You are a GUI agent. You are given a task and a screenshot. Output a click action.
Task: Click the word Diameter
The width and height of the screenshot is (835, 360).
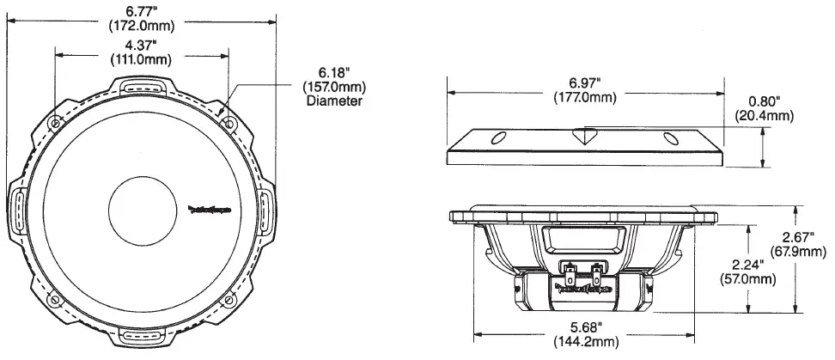click(333, 101)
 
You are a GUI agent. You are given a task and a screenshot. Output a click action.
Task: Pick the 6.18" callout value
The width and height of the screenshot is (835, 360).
click(333, 73)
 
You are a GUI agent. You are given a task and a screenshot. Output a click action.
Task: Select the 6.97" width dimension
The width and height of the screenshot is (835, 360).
click(583, 82)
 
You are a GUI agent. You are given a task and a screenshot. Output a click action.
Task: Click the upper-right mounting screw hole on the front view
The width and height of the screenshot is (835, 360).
click(229, 124)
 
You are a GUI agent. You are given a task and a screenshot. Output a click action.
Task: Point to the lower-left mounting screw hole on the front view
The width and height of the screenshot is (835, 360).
click(56, 299)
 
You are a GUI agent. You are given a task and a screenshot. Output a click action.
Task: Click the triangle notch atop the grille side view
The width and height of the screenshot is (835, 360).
click(584, 135)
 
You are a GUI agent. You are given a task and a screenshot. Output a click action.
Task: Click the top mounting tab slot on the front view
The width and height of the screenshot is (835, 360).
click(143, 86)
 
